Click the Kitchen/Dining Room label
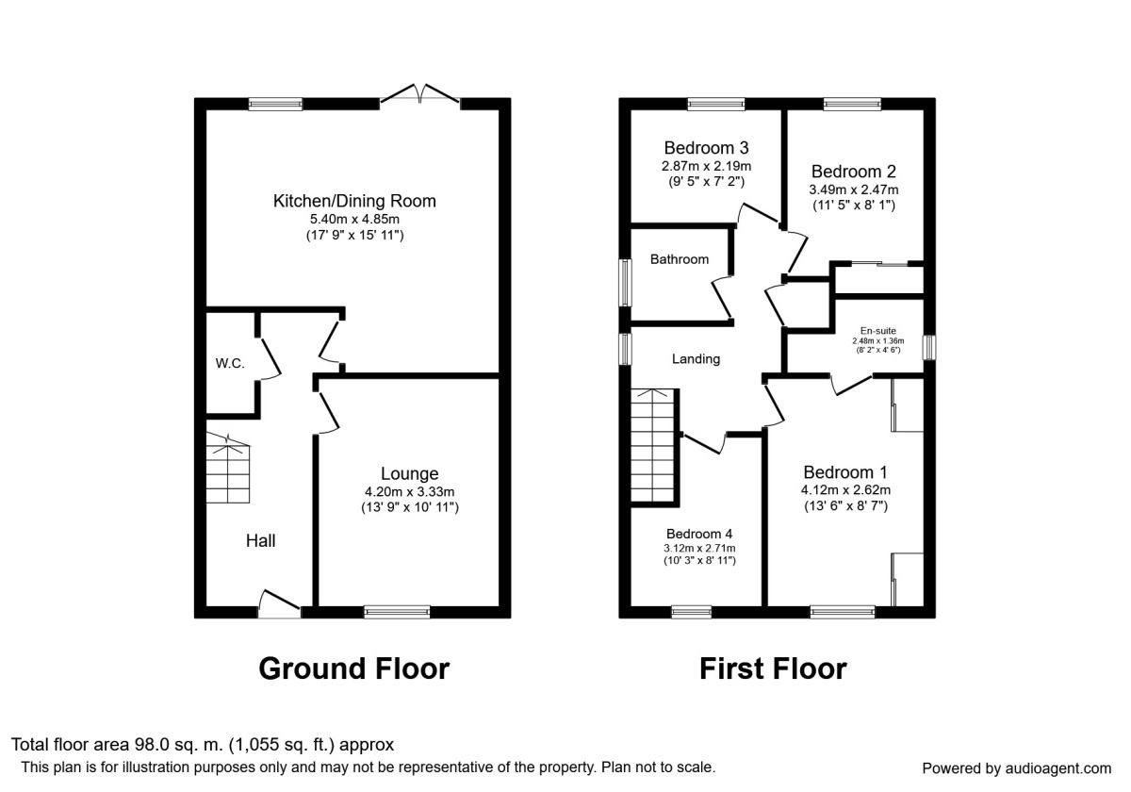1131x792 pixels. click(x=354, y=201)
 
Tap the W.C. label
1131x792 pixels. click(x=229, y=363)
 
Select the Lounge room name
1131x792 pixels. click(x=409, y=473)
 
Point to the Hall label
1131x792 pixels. click(x=261, y=540)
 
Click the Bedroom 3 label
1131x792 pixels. click(x=706, y=148)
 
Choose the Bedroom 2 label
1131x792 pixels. click(x=853, y=172)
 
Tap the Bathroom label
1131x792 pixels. click(x=679, y=259)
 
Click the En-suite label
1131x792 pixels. click(x=877, y=330)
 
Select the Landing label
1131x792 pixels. click(x=696, y=358)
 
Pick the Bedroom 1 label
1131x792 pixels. click(x=845, y=472)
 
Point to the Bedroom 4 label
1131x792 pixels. click(x=698, y=533)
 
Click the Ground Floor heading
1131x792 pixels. click(x=353, y=668)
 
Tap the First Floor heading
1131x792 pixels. click(x=773, y=668)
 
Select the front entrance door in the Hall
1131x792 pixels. click(x=279, y=604)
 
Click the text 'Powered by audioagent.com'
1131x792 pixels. click(x=1016, y=768)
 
